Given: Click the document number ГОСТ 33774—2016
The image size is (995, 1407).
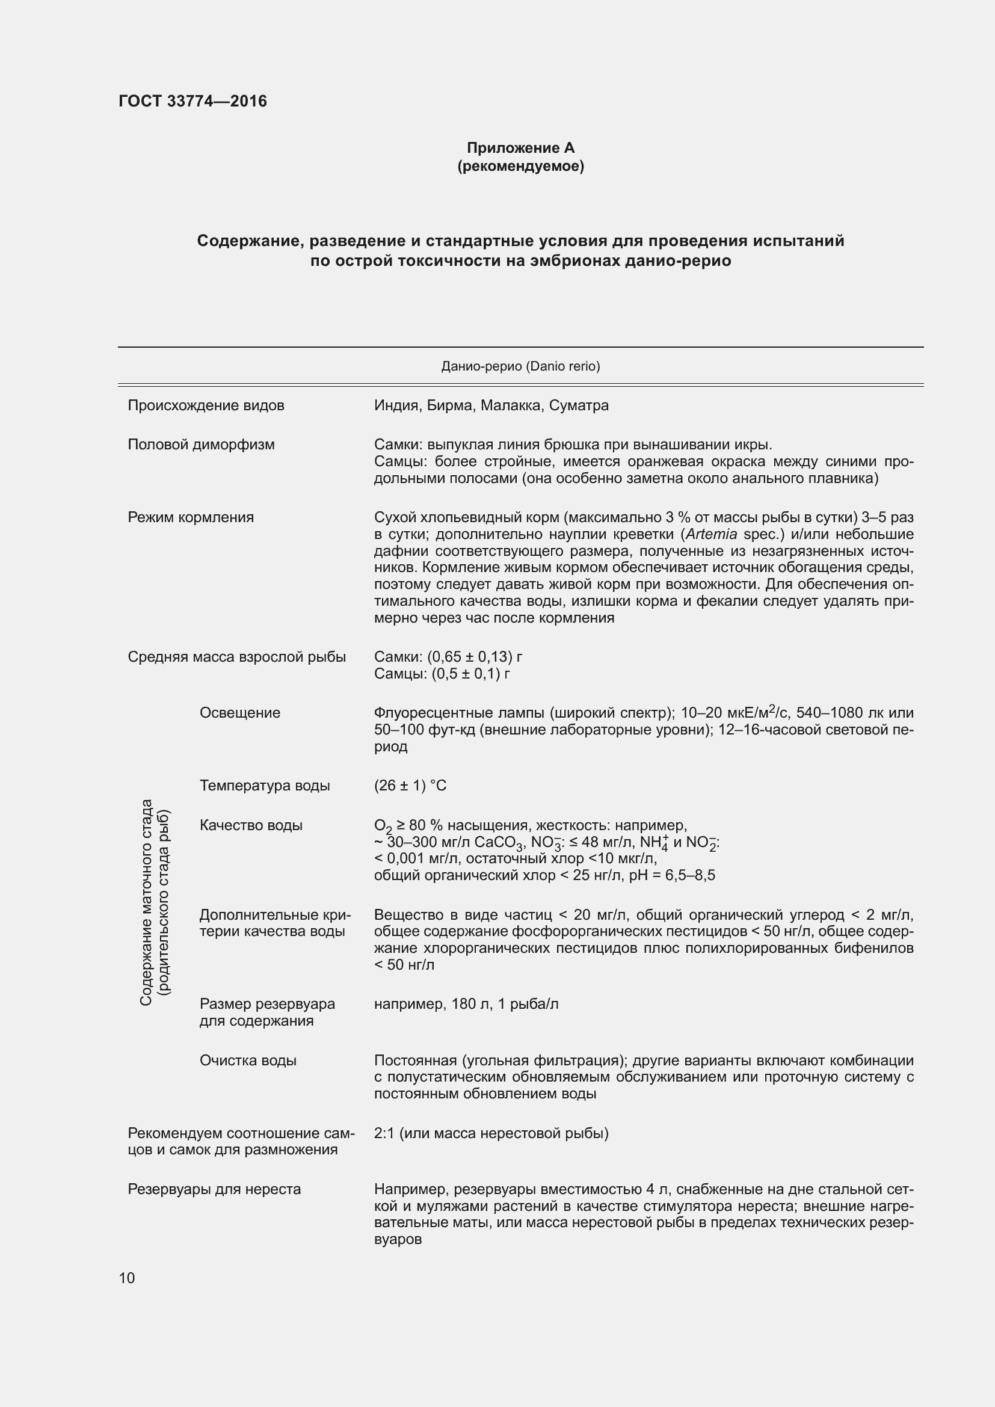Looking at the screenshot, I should [x=193, y=101].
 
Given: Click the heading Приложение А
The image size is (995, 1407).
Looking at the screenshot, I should [x=520, y=148].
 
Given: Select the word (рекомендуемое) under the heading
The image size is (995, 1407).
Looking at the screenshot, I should [x=520, y=166].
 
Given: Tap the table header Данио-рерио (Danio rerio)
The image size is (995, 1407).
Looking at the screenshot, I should [x=520, y=366].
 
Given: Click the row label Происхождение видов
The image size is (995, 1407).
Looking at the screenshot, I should [x=206, y=405].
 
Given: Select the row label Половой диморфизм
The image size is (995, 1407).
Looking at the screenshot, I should [x=201, y=445].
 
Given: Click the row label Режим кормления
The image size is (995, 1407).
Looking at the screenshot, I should [x=191, y=517].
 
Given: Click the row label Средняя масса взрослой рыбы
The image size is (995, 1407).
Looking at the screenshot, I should [x=236, y=657].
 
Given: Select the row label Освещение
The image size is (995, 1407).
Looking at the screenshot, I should [x=239, y=713].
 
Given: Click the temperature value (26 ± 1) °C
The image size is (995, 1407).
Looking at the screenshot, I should [x=410, y=786].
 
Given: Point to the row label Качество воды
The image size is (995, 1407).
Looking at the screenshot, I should [x=251, y=825].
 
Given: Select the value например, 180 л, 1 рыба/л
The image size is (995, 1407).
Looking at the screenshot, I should [x=466, y=1004].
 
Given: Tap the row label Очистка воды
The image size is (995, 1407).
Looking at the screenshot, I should [x=247, y=1061].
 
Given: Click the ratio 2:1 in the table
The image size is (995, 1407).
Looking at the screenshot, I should [x=384, y=1134].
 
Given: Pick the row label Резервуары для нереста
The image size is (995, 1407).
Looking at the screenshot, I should [x=214, y=1189].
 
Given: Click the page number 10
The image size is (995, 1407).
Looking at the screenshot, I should [x=127, y=1278].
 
